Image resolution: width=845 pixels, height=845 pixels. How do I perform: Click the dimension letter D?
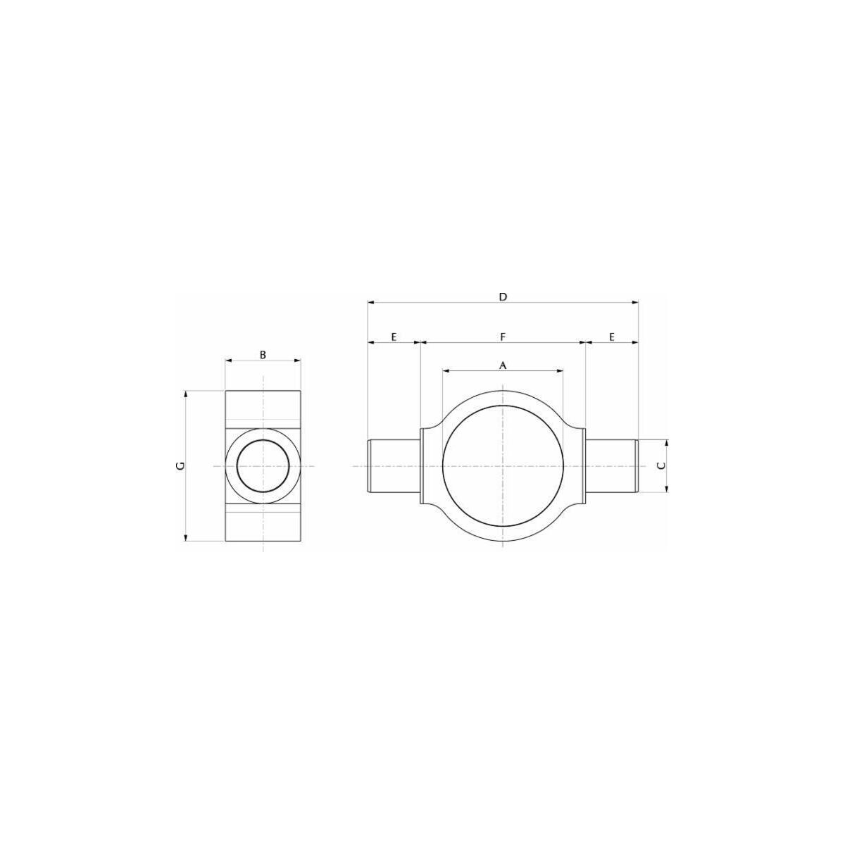tap(503, 297)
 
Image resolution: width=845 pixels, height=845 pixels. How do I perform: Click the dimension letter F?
tap(503, 337)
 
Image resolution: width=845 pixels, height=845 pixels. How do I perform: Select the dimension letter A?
tap(503, 365)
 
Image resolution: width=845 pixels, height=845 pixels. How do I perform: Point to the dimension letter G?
tap(180, 466)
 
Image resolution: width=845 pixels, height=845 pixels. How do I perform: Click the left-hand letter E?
tap(394, 337)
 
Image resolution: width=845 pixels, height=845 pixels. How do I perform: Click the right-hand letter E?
tap(612, 337)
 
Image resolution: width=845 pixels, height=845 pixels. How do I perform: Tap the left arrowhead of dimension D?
tap(371, 302)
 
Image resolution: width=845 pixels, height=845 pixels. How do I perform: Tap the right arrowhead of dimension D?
tap(634, 302)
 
